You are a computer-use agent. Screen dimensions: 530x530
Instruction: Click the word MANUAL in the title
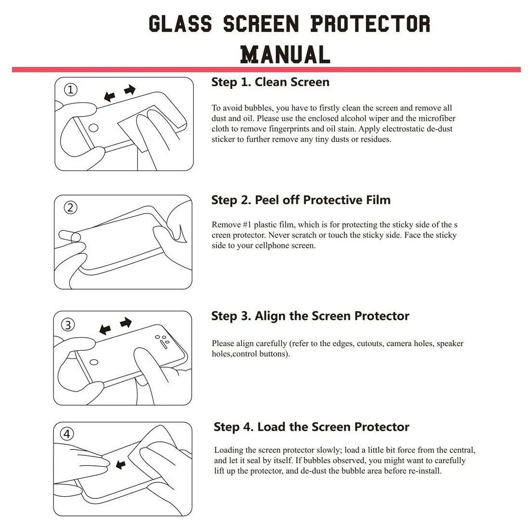tap(285, 54)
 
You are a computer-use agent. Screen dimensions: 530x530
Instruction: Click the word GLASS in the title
tap(180, 24)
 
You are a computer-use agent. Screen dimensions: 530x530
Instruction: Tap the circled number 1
tap(71, 90)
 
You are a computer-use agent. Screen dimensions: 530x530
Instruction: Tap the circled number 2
tap(71, 208)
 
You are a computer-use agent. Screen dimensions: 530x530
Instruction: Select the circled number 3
tap(69, 325)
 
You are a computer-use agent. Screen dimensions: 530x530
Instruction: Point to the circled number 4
tap(67, 434)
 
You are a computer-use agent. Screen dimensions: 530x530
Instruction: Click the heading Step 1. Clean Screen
tap(270, 82)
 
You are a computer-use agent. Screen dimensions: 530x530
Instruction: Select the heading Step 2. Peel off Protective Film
tap(301, 200)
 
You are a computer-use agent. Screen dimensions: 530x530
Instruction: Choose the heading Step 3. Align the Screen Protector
tap(310, 316)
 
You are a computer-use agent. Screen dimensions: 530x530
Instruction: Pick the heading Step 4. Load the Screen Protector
tap(311, 427)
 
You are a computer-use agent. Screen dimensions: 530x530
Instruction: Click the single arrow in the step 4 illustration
tap(120, 464)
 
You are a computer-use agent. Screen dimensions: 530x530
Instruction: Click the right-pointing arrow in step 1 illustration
tap(130, 90)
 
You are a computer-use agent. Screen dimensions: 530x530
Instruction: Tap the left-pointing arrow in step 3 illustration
tap(105, 330)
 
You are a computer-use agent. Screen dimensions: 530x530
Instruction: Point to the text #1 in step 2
tap(244, 225)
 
